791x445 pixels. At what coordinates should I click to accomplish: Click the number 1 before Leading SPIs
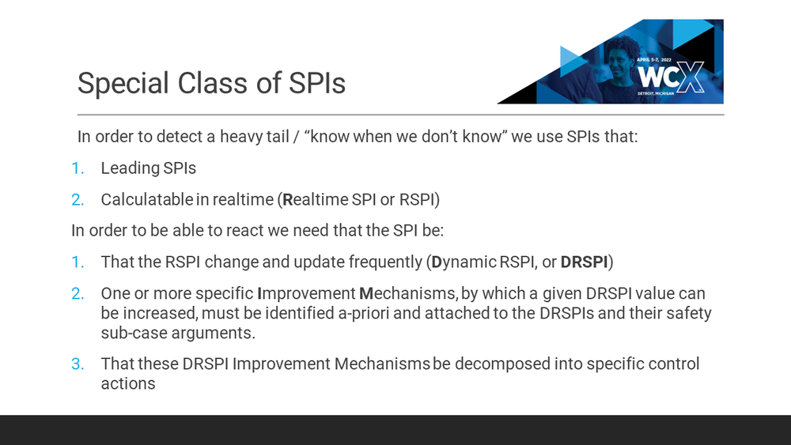click(77, 168)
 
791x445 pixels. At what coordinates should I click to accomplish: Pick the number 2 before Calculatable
click(77, 199)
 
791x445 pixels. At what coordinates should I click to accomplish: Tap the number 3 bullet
click(77, 364)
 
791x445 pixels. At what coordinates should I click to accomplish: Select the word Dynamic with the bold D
click(464, 262)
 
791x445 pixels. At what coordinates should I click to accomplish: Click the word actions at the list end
click(127, 383)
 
